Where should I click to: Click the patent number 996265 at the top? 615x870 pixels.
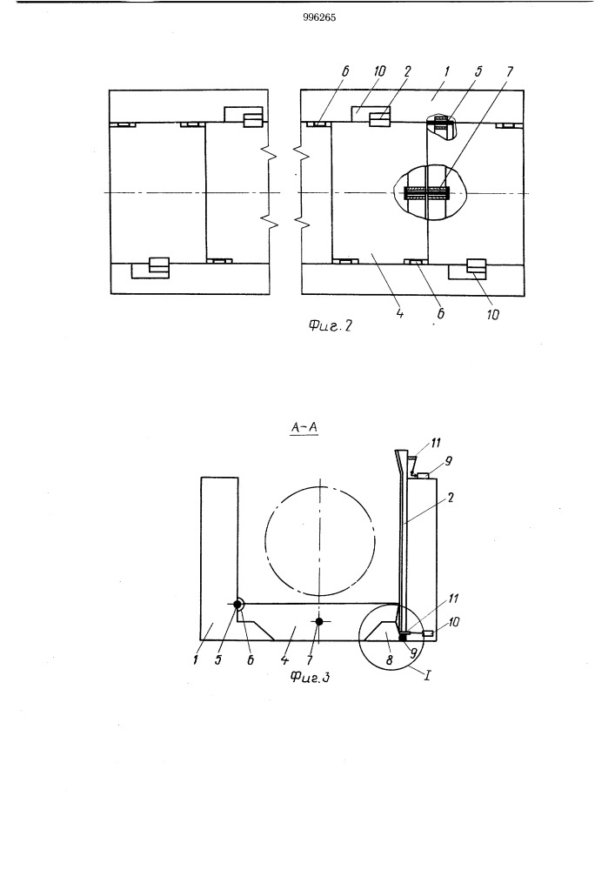pos(319,17)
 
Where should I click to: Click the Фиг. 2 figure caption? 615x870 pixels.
pos(330,325)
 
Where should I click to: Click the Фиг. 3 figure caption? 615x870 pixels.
pos(310,676)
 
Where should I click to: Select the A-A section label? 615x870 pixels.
pos(304,428)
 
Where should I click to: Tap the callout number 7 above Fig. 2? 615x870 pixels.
pos(510,71)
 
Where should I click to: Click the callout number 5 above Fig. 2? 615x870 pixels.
pos(478,71)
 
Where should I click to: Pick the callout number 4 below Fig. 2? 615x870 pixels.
pos(400,313)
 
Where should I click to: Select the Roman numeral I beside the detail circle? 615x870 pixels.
pos(428,677)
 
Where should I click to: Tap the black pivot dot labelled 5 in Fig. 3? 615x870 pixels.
pos(237,605)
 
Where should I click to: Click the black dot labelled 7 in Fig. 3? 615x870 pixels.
pos(319,621)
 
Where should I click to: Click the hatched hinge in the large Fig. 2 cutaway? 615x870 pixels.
pos(427,193)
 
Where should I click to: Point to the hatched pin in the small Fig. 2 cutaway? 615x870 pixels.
pos(440,123)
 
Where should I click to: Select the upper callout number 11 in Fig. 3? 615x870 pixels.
pos(437,443)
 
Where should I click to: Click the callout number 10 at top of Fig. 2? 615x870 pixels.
pos(380,71)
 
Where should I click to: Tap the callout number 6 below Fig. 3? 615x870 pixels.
pos(251,660)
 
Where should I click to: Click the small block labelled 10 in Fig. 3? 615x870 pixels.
pos(428,633)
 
